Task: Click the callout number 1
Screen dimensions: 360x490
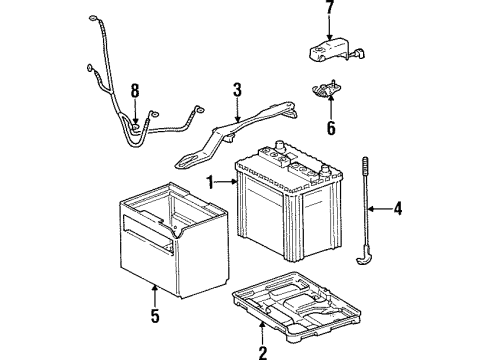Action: tap(211, 181)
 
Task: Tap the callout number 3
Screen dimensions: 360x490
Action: tap(236, 91)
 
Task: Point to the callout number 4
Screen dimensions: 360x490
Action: tap(397, 209)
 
